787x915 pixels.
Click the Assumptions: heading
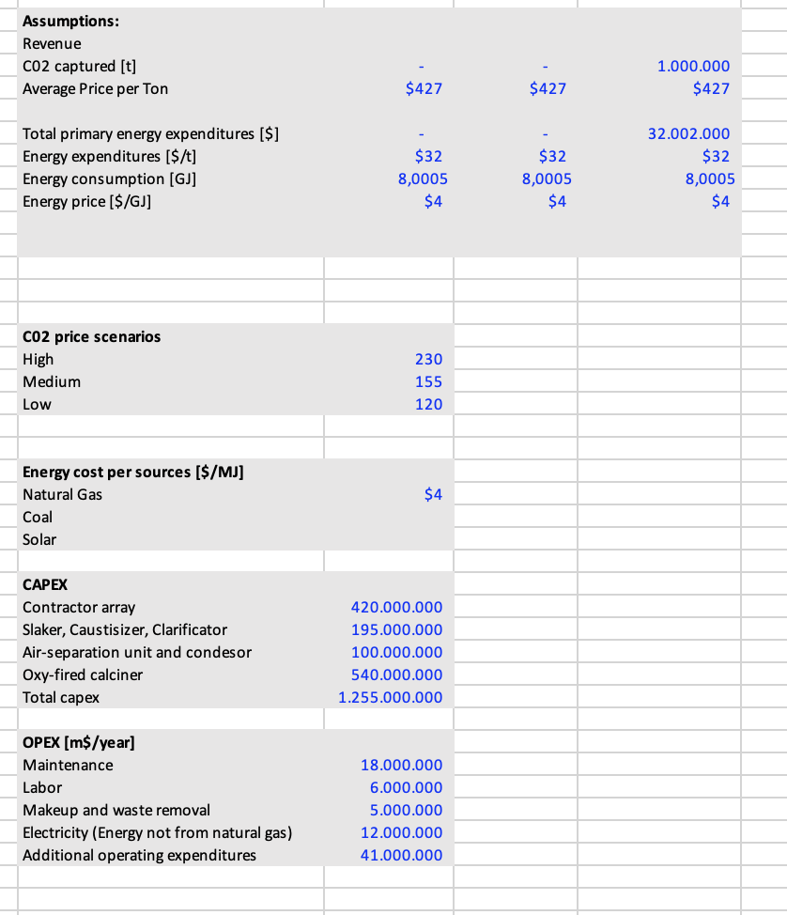70,21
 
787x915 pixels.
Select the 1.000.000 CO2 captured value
693,67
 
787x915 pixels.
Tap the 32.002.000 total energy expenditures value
688,134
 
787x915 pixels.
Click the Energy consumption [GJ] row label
109,178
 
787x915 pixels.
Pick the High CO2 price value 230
428,359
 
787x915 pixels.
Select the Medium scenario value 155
428,381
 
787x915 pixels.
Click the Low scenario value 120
428,404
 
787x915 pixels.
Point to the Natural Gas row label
63,494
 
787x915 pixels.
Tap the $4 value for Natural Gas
433,494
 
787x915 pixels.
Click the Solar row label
39,539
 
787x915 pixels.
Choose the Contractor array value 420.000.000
395,608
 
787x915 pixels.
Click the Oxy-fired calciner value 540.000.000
395,675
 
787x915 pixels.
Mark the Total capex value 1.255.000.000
390,697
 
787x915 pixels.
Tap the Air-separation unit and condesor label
137,652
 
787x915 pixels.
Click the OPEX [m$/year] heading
78,742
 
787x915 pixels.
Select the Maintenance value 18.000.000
401,766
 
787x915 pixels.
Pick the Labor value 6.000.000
406,787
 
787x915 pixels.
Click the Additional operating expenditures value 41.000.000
401,855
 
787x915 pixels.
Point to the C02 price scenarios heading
91,336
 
